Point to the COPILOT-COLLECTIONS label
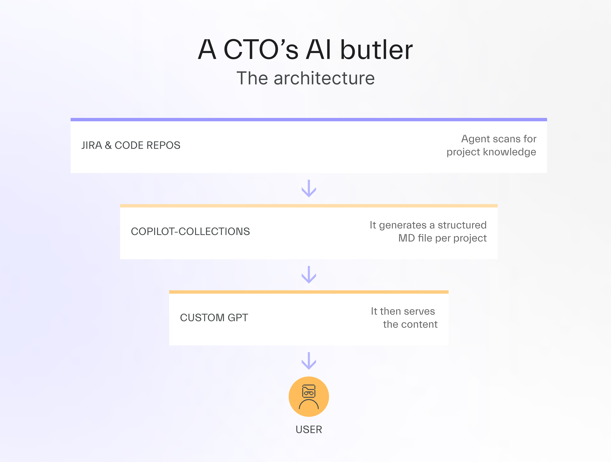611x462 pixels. point(190,231)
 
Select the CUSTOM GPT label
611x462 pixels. point(214,318)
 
